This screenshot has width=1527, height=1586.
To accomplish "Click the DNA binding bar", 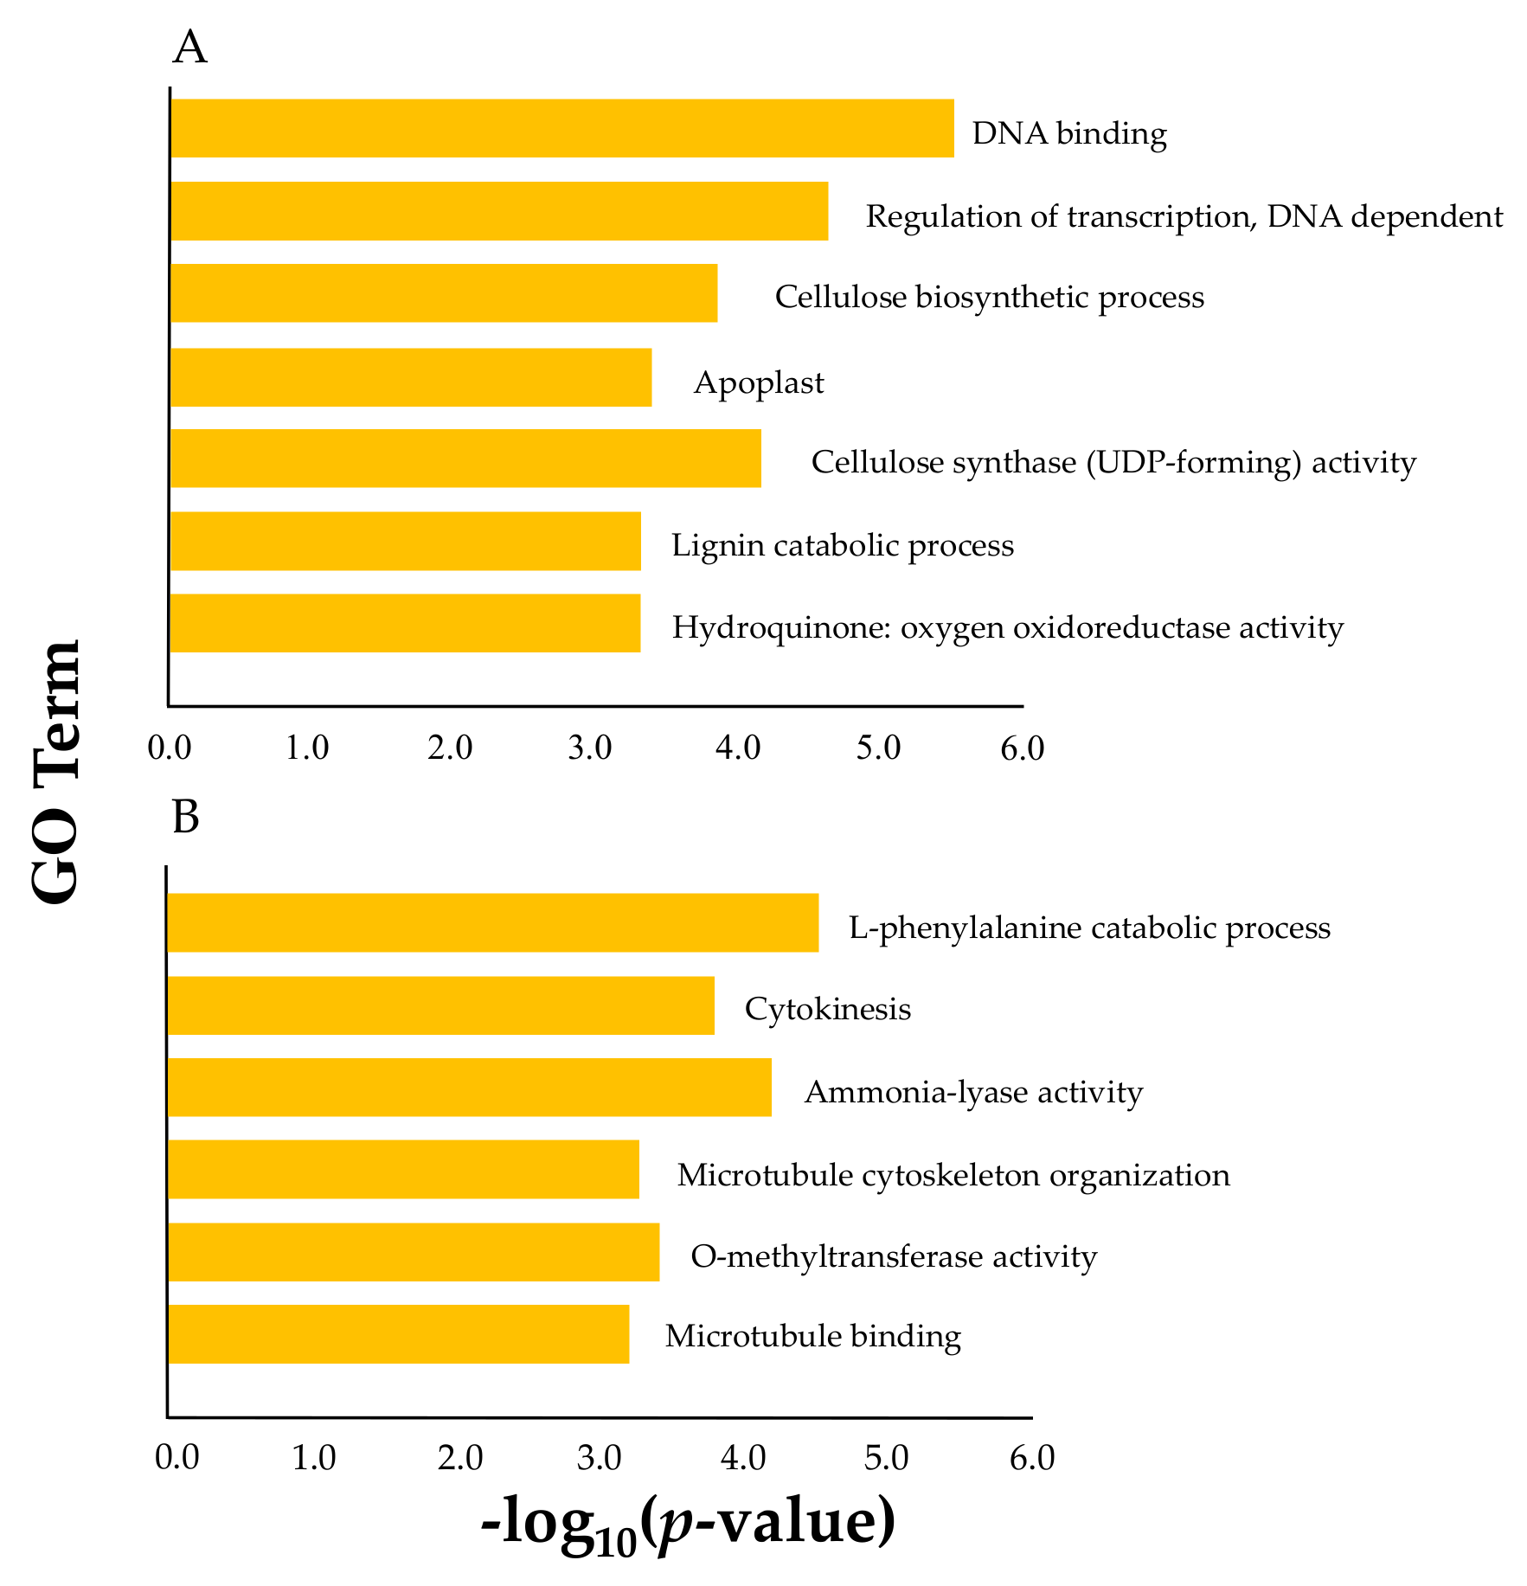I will [x=562, y=128].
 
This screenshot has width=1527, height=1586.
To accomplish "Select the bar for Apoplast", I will [x=411, y=377].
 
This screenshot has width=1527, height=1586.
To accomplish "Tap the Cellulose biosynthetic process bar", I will [x=444, y=293].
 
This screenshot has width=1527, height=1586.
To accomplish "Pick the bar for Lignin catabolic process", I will [x=406, y=541].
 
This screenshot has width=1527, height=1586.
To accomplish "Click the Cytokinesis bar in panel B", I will [x=441, y=1005].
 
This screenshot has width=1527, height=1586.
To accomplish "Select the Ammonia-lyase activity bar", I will [x=470, y=1088].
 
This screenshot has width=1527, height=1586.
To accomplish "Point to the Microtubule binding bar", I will [x=399, y=1334].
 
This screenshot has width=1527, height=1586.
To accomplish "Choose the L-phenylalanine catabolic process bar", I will [x=493, y=923].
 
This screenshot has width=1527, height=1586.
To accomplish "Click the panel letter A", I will [x=189, y=48].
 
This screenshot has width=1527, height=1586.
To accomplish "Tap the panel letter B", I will [x=186, y=817].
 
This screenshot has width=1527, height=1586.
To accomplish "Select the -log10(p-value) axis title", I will [x=688, y=1525].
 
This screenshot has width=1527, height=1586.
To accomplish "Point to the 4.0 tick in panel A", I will [x=738, y=748].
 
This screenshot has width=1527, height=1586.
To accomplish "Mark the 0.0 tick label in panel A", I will [x=169, y=748].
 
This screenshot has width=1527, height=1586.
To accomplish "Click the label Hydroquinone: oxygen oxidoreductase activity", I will [x=1008, y=627].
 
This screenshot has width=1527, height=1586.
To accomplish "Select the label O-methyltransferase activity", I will [x=894, y=1256].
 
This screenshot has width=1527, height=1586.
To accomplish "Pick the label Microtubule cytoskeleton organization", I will [x=953, y=1175].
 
